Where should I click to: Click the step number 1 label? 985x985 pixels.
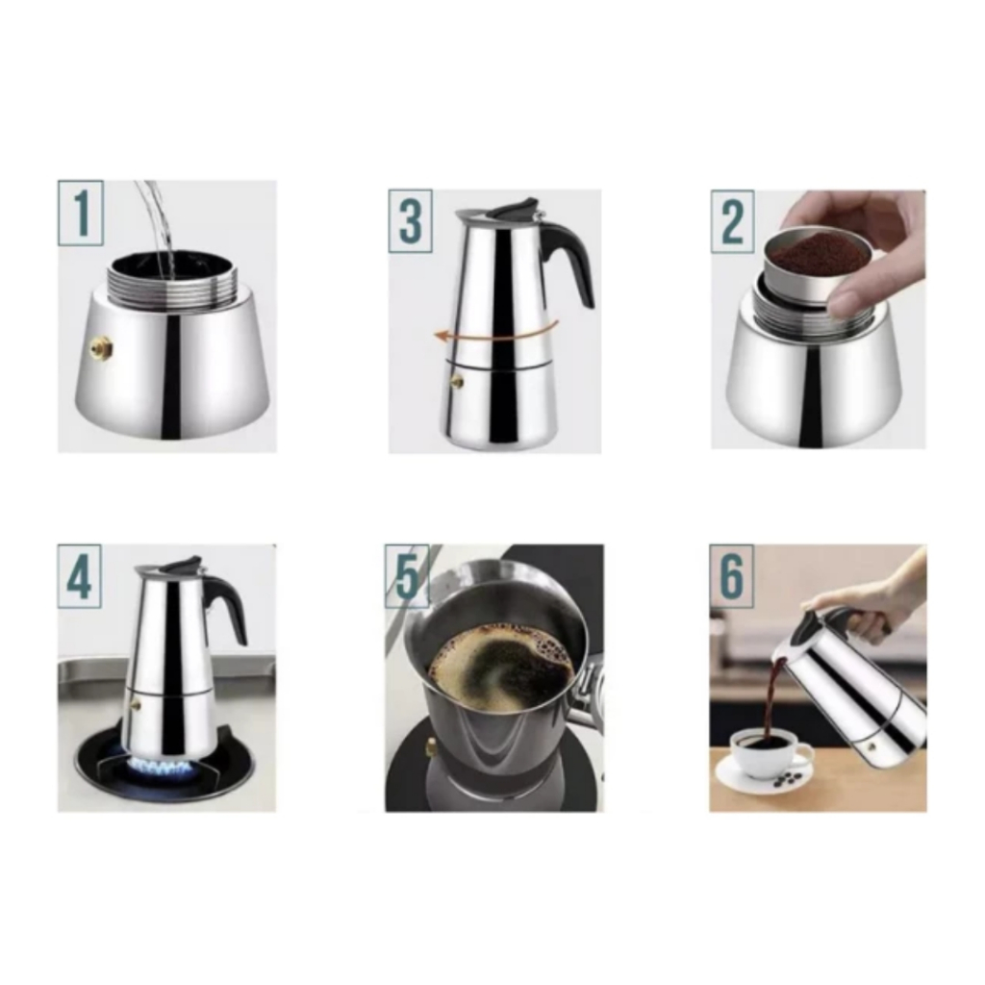click(81, 213)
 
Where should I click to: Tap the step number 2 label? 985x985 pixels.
click(732, 221)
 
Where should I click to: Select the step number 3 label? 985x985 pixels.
click(410, 221)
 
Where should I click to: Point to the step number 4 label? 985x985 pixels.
click(80, 577)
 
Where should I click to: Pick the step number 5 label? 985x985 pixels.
click(407, 576)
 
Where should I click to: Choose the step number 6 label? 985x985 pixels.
click(732, 576)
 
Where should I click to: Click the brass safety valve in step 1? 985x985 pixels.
click(100, 345)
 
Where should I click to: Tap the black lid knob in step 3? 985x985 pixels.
click(519, 209)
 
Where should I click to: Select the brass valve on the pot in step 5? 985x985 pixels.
click(432, 745)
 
